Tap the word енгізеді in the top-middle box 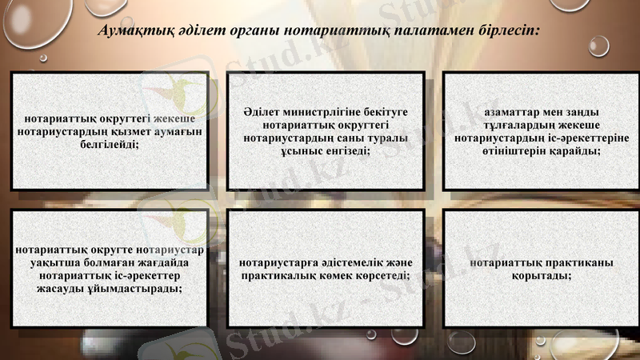[x=339, y=151]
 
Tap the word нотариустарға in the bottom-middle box [x=281, y=261]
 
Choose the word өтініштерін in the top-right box [x=522, y=150]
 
